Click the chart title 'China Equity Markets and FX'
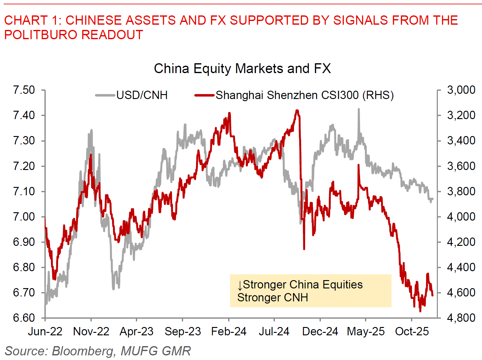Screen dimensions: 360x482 [x=242, y=68]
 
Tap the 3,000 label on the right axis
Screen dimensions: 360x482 [x=461, y=90]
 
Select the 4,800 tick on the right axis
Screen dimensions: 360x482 [x=461, y=318]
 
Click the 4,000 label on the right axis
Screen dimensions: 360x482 [x=461, y=217]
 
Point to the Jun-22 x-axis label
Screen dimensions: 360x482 [x=45, y=332]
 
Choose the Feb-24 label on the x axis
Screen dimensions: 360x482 [x=229, y=332]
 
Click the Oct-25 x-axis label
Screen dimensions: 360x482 [x=412, y=332]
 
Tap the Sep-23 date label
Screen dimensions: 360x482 [x=183, y=332]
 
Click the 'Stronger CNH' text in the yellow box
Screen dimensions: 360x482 [x=273, y=298]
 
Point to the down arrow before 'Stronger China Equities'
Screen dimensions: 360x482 [x=240, y=285]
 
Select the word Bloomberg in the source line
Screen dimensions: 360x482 [x=82, y=351]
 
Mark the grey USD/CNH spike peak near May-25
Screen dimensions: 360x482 [x=358, y=109]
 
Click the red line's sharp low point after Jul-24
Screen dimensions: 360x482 [x=304, y=249]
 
